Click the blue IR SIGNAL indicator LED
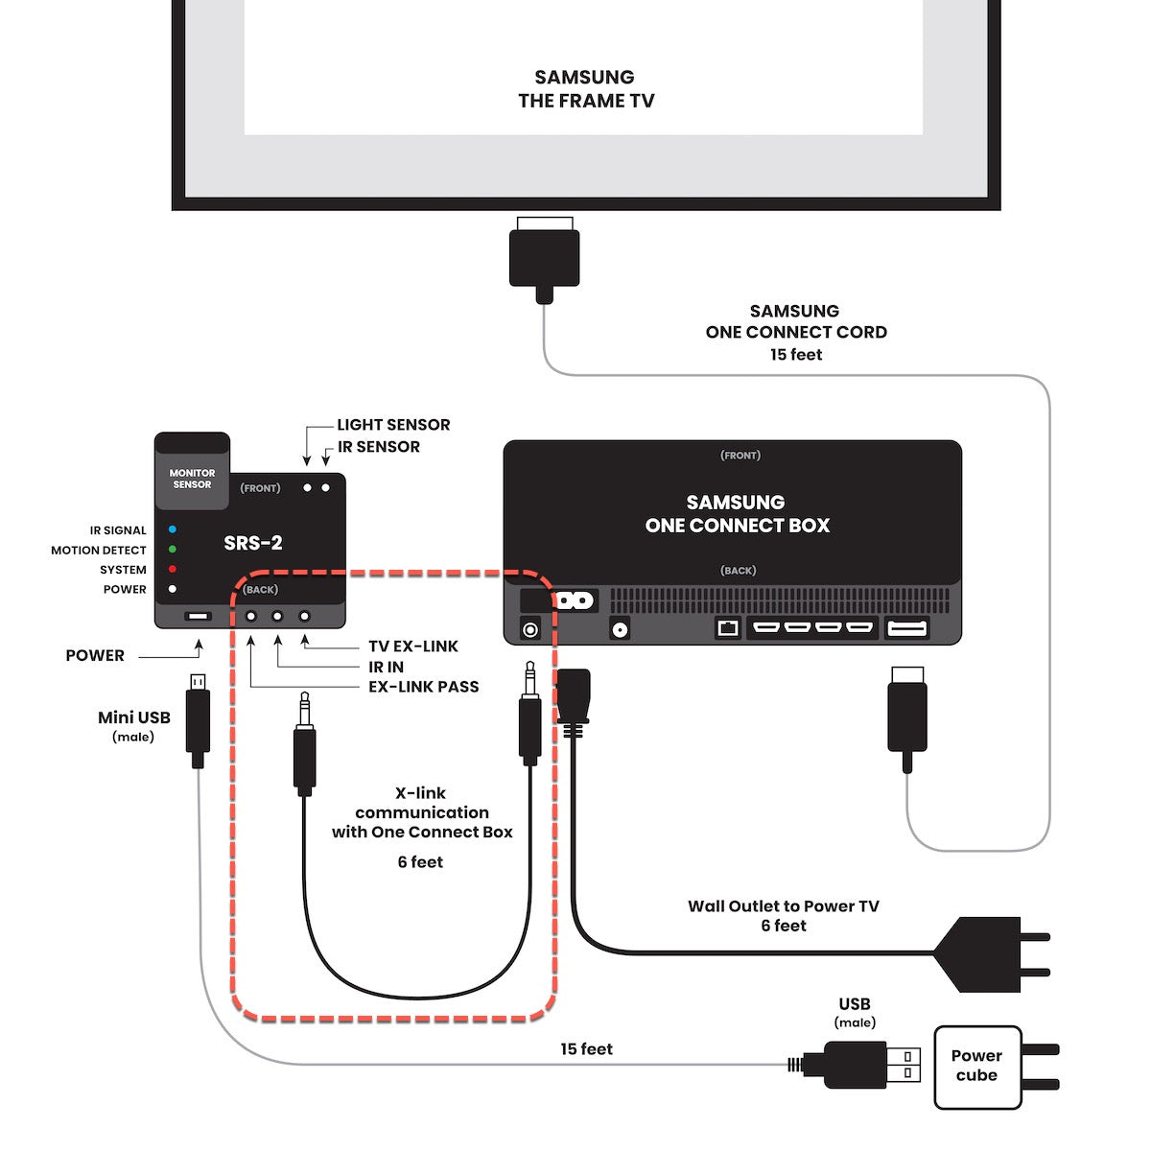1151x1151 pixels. tap(173, 529)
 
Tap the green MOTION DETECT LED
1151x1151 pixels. tap(173, 550)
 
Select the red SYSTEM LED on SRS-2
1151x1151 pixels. tap(173, 569)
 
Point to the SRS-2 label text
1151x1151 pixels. tap(253, 543)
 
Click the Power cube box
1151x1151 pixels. tap(976, 1066)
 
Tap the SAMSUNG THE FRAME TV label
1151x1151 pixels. tap(585, 89)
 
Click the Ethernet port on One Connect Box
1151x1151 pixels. tap(728, 629)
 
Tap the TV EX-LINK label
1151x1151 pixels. tap(413, 646)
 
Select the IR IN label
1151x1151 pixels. tap(386, 667)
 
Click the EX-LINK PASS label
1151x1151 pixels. tap(423, 687)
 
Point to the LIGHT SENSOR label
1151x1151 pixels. tap(393, 425)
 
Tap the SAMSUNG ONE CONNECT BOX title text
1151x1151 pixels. tap(737, 514)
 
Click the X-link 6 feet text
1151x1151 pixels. tap(420, 862)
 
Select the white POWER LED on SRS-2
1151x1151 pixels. tap(173, 589)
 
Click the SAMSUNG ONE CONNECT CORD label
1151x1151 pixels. tap(796, 332)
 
